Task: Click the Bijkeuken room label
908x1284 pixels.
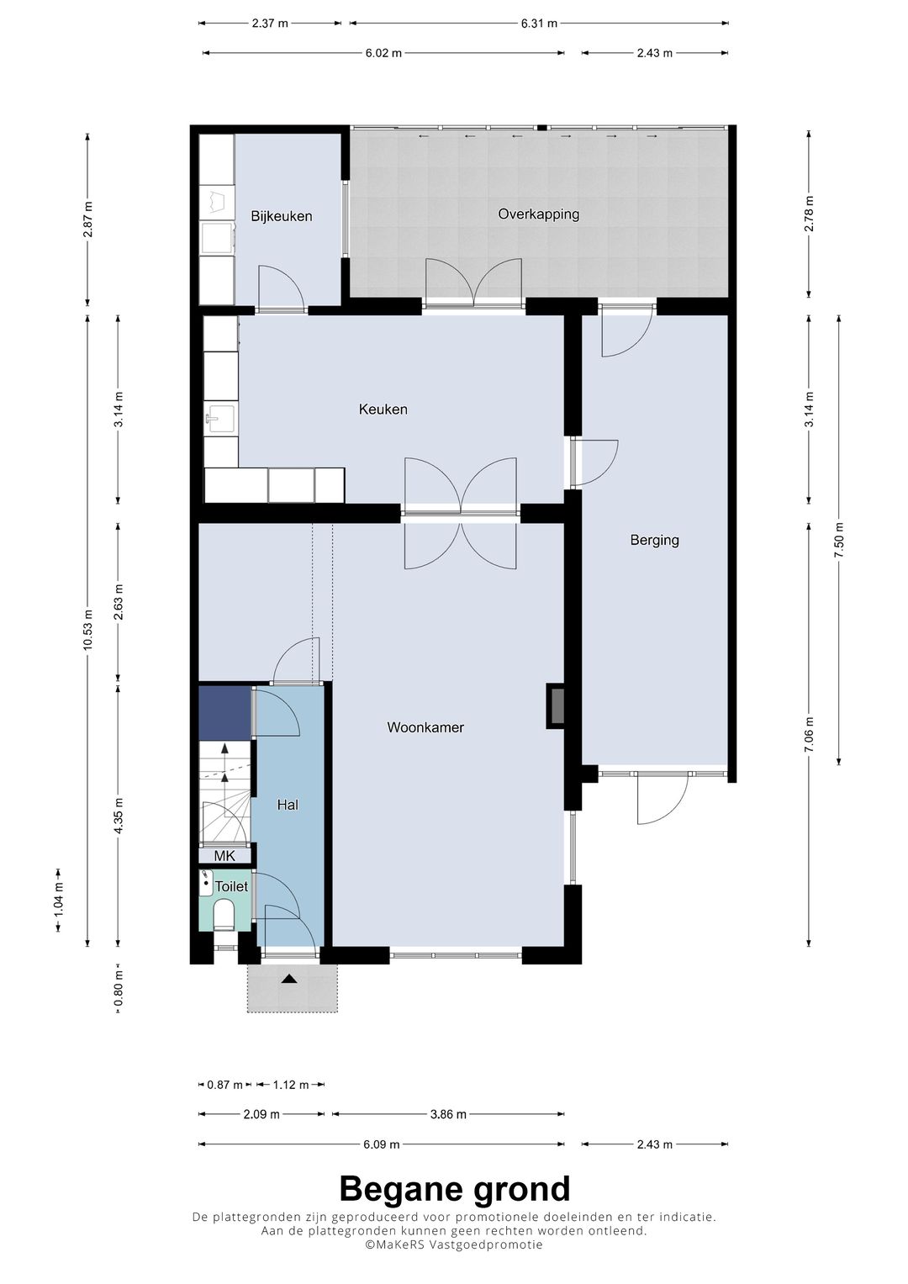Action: coord(282,217)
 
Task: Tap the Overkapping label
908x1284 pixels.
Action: coord(538,214)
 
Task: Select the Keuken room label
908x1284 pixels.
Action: coord(383,410)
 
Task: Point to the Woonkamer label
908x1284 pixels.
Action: coord(425,727)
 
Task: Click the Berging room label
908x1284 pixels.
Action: coord(654,540)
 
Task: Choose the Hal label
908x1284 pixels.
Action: coord(288,805)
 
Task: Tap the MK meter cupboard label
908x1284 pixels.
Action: coord(224,856)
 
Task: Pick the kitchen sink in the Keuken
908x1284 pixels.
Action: coord(221,419)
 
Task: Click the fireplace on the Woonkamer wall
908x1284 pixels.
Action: coord(556,706)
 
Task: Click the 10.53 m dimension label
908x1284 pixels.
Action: coord(87,629)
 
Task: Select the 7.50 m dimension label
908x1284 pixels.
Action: coord(839,540)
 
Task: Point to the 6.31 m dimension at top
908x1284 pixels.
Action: coord(540,24)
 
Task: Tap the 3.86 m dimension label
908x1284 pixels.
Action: coord(448,1114)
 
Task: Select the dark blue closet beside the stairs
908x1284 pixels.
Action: coord(224,713)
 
